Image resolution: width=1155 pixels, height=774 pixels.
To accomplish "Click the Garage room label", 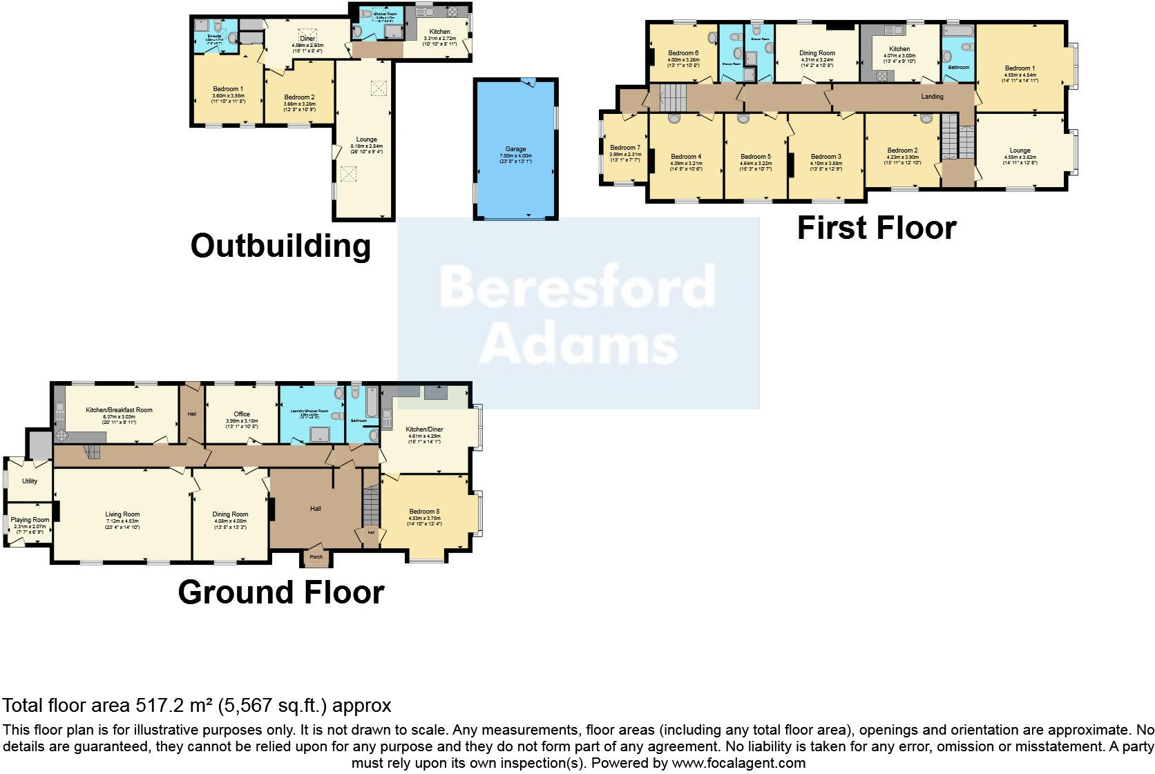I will (515, 149).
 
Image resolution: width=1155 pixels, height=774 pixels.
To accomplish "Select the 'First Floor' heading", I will (877, 228).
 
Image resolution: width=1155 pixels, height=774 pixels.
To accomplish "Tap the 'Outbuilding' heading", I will (280, 246).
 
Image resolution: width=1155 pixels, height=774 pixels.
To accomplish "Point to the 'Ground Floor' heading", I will (280, 592).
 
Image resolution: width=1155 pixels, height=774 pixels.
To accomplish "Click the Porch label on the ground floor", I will (316, 557).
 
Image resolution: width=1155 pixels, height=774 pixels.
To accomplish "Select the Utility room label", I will (29, 481).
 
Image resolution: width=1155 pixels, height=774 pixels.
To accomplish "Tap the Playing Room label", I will (30, 520).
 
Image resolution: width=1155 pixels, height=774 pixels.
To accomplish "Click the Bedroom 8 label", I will (424, 512).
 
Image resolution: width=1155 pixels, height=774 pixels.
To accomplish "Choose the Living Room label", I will (122, 514).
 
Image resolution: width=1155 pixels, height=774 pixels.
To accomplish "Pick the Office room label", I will (242, 414).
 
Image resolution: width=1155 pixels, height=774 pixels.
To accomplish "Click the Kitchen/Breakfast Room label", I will (119, 410).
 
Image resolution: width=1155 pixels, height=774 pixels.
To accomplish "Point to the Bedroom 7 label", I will (625, 148).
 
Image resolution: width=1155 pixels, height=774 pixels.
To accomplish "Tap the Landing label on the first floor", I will (932, 97).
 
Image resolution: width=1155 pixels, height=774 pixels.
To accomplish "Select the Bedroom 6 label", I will (683, 53).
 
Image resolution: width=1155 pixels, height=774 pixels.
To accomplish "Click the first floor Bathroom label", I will (958, 68).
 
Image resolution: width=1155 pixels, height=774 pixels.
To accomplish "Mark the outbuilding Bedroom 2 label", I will (299, 97).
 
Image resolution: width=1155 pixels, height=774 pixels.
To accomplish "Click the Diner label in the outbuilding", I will (307, 39).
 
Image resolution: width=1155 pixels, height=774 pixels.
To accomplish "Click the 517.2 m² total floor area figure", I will (174, 706).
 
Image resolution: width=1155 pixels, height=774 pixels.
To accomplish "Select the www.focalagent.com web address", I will (738, 763).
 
